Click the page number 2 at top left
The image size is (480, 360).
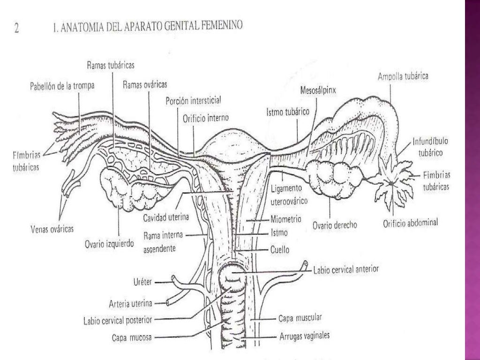coord(17,28)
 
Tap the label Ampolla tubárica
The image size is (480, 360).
coord(403,77)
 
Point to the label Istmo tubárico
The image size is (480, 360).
coord(286,112)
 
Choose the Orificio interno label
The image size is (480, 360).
coord(206,119)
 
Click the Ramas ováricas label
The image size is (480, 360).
coord(145,85)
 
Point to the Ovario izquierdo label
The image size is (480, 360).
coord(109,244)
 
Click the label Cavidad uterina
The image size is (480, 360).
coord(166,217)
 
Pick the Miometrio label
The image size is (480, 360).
coord(285,219)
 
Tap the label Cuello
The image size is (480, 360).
coord(280,250)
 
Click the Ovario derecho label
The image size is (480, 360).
coord(335,225)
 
